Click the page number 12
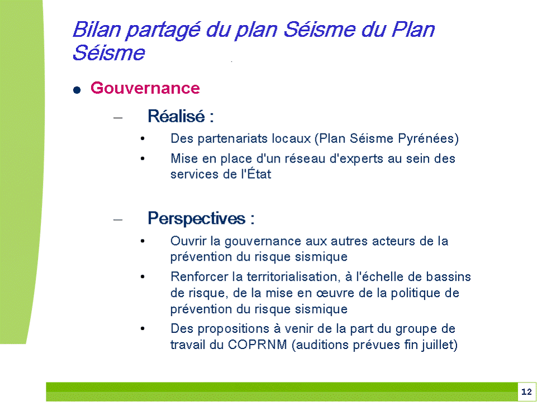pos(526,392)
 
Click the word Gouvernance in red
pos(145,88)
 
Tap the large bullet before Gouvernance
pos(77,90)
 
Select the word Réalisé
pos(176,116)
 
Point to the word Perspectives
pos(196,218)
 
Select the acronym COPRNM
pos(257,344)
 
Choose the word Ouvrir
pos(189,241)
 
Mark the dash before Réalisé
pos(118,118)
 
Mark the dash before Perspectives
pos(118,220)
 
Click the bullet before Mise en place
pos(143,159)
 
